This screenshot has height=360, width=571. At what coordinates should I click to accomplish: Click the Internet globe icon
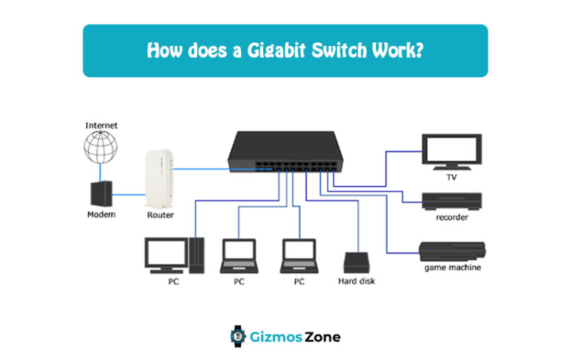(101, 147)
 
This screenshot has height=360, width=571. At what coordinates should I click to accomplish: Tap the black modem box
(101, 193)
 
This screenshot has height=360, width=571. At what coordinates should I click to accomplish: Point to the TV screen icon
(451, 151)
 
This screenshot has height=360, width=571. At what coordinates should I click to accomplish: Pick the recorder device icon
(451, 201)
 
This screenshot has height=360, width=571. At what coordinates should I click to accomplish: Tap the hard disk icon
(357, 263)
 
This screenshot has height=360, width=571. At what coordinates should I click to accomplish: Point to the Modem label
(101, 215)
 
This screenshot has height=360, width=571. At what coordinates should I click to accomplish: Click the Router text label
(160, 215)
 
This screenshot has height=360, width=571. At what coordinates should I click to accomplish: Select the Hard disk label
(357, 282)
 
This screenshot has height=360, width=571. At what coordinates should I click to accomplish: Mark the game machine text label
(452, 267)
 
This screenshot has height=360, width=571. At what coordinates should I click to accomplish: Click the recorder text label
(451, 217)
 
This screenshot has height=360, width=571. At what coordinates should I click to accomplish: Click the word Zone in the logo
(322, 337)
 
